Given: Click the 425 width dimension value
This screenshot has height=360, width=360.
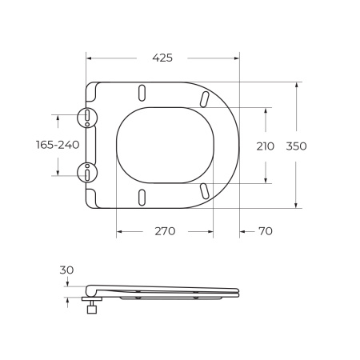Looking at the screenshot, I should (162, 58).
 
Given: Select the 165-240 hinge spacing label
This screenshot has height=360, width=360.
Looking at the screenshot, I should (58, 145).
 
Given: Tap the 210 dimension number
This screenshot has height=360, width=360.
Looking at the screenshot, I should (265, 146).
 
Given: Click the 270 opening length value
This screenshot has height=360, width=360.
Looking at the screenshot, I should (165, 231).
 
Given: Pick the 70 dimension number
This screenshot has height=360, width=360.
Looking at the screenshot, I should (265, 231).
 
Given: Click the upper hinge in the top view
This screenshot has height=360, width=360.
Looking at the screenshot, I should (86, 118).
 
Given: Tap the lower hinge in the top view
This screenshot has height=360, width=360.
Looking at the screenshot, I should (86, 170).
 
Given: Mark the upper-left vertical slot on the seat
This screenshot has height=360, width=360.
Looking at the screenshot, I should (142, 91).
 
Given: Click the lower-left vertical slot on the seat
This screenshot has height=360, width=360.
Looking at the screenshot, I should (142, 197).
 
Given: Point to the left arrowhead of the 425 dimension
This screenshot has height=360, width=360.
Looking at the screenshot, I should (89, 58).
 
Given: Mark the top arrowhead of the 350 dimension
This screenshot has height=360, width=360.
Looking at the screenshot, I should (298, 84).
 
